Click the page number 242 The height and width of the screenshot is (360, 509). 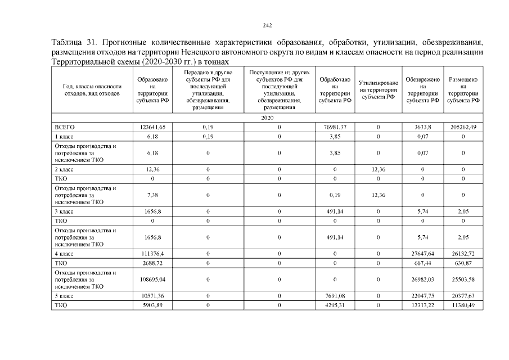[x=268, y=25]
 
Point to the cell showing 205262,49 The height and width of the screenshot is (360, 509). [x=463, y=127]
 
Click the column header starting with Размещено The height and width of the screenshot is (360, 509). [x=463, y=90]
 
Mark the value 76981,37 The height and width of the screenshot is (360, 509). [x=335, y=127]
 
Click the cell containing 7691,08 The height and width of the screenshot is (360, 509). [x=335, y=295]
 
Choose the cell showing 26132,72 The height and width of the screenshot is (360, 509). [x=463, y=254]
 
